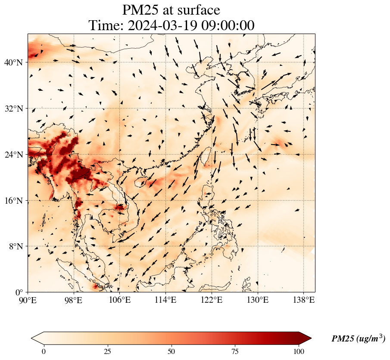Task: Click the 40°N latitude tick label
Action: (x=13, y=62)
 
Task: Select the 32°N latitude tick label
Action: (x=13, y=109)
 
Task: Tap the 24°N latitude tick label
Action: (x=13, y=155)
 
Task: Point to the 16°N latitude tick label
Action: (x=13, y=201)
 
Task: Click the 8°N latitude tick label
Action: (x=16, y=246)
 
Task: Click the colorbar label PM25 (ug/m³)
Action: (x=358, y=339)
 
